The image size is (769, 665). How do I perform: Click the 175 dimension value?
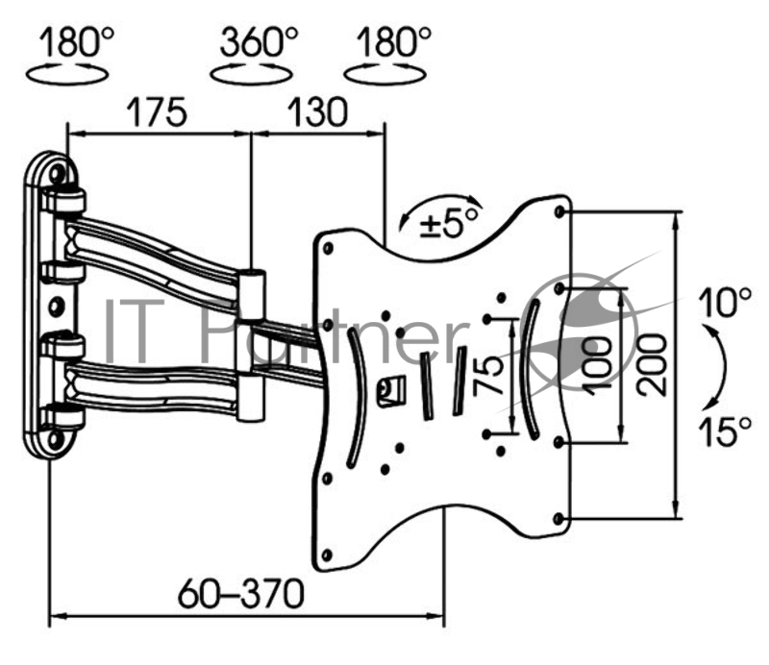point(153,112)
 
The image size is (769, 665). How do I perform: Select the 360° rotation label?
point(259,42)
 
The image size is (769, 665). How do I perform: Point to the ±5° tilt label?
point(449,223)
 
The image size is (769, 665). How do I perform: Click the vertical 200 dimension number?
point(653,366)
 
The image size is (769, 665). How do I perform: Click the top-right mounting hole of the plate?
point(561,211)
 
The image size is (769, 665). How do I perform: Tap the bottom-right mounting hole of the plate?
point(560,520)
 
